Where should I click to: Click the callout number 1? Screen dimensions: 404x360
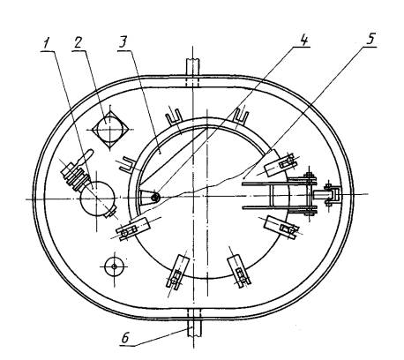46,44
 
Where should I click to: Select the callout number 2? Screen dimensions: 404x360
78,42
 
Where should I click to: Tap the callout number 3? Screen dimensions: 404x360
123,43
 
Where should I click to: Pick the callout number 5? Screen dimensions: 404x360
370,39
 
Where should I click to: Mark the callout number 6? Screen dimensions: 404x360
125,338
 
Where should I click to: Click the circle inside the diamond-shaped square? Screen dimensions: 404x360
109,129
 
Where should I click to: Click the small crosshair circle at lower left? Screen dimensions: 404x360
114,266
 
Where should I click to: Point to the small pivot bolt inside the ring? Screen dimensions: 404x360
155,198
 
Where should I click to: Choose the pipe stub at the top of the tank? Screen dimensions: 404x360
192,68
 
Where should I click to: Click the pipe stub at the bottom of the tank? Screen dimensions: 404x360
194,327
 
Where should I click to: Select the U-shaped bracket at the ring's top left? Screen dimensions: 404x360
174,116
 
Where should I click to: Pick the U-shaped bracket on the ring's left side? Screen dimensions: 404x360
128,164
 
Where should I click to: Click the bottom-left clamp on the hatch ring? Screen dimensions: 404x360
177,271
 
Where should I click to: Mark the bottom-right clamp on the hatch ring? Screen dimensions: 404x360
239,270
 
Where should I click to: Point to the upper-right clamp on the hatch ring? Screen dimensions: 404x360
280,164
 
